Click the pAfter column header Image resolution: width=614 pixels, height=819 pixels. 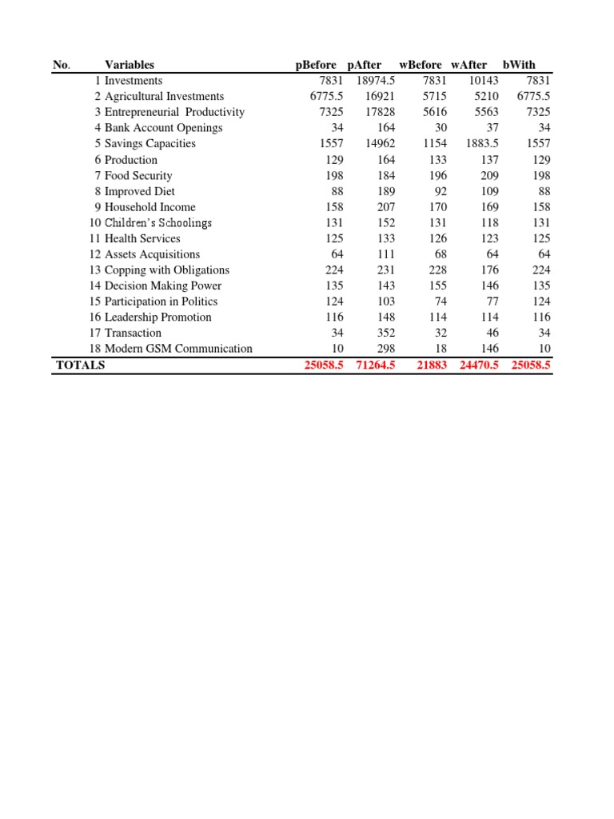(x=365, y=65)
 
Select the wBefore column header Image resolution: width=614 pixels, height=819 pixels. (x=420, y=65)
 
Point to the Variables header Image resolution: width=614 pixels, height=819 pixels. (x=130, y=65)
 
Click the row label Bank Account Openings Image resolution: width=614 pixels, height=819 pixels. (x=163, y=128)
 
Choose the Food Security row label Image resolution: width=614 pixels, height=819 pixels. (x=138, y=175)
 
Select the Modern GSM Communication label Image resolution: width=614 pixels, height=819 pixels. (x=178, y=349)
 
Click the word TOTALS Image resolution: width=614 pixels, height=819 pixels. (x=81, y=366)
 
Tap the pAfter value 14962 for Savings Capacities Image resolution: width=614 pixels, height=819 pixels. (x=380, y=144)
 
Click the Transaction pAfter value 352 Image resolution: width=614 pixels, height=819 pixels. (x=386, y=333)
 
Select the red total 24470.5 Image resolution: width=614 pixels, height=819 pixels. (x=477, y=366)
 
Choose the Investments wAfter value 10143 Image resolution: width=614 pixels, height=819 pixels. (x=484, y=81)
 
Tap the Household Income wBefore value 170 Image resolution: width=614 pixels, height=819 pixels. (x=437, y=207)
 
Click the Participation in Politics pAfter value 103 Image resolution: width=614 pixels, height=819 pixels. (x=386, y=302)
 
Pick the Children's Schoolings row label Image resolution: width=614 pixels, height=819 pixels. (x=158, y=223)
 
